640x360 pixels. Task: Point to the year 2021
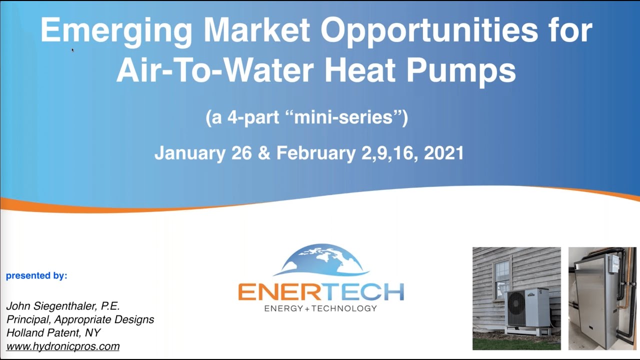[443, 153]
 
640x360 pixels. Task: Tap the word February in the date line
[316, 153]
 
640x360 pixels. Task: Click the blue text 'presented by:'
[36, 275]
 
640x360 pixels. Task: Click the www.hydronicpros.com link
[63, 346]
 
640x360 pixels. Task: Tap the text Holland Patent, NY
[53, 332]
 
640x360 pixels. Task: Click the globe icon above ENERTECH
[321, 260]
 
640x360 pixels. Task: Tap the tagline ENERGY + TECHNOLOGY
[320, 308]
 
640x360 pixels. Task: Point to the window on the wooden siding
[501, 279]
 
